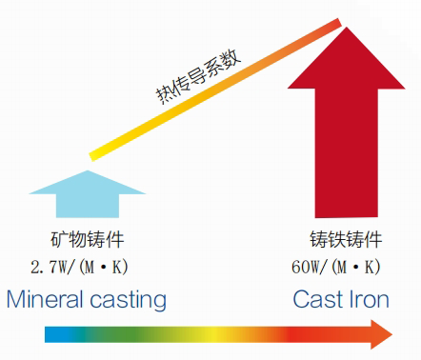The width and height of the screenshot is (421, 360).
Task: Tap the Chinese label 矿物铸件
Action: pos(88,240)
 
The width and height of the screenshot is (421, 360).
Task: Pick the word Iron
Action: pos(370,300)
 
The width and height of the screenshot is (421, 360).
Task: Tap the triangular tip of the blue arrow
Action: pos(90,181)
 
